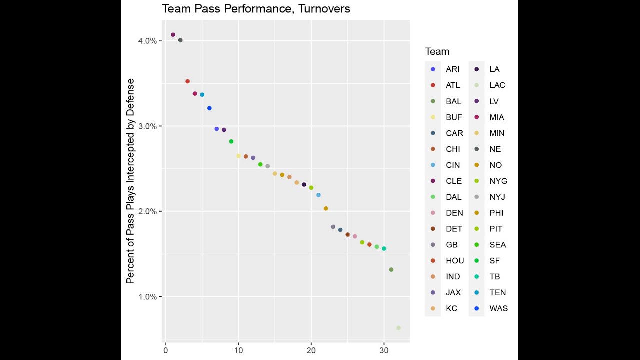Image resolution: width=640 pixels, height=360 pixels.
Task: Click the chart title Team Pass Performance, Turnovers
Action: click(x=256, y=9)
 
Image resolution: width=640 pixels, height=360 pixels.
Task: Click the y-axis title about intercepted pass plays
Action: click(x=131, y=181)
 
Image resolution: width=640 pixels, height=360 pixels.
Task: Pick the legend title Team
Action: click(x=437, y=52)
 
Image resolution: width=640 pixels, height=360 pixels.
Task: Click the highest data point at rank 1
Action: click(x=173, y=35)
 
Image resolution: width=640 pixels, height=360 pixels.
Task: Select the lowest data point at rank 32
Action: click(x=398, y=328)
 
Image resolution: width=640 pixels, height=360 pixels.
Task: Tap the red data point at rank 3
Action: click(x=188, y=81)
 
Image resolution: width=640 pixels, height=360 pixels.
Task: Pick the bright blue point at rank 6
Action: click(x=209, y=108)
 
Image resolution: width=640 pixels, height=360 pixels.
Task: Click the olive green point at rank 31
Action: click(x=391, y=270)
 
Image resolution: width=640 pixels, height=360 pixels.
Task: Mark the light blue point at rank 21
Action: click(x=318, y=195)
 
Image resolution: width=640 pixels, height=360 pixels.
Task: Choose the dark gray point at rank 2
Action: click(x=180, y=40)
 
